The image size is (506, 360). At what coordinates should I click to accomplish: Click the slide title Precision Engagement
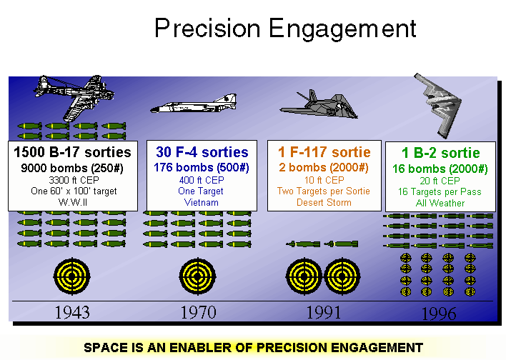pos(284,29)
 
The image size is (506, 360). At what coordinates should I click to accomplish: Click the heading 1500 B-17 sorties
pos(73,152)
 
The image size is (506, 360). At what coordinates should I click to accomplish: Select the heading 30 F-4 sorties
pos(202,152)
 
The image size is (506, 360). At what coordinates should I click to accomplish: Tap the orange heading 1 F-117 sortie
pos(324,152)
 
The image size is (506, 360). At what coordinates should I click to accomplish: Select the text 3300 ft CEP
pos(73,179)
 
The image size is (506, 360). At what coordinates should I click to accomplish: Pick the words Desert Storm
pos(324,202)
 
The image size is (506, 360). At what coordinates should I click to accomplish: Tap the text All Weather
pos(440,204)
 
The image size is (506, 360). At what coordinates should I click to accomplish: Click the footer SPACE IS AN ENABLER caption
pos(253,348)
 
